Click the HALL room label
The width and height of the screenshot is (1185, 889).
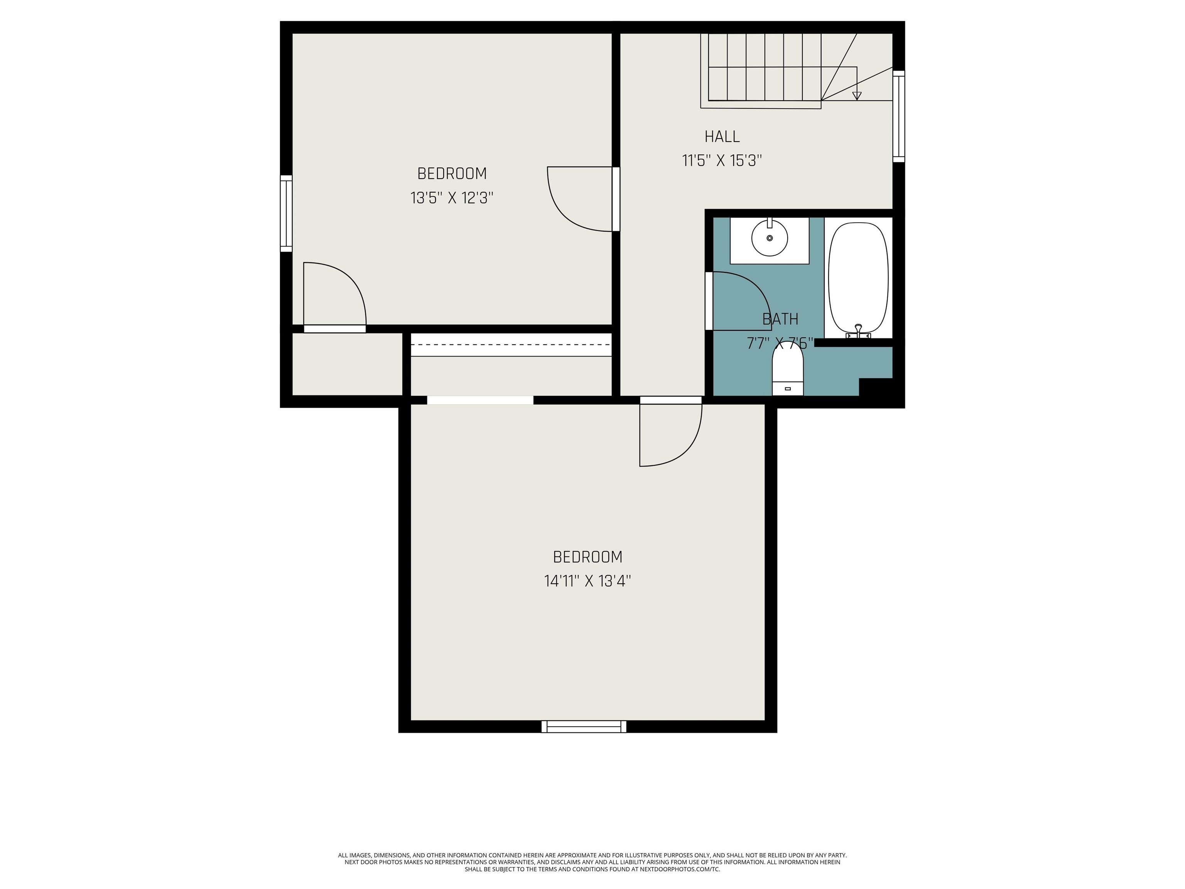click(x=722, y=137)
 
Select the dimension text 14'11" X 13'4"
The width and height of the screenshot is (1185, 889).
click(x=588, y=581)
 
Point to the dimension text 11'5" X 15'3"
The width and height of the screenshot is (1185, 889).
click(x=722, y=161)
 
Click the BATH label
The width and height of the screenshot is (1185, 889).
click(x=780, y=319)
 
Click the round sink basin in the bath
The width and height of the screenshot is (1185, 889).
click(x=770, y=238)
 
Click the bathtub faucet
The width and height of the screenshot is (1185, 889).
click(x=858, y=331)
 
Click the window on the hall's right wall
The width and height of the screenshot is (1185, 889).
click(x=898, y=116)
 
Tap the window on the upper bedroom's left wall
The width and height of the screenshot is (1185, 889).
click(x=287, y=213)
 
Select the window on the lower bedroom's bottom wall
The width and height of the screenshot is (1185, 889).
click(x=584, y=726)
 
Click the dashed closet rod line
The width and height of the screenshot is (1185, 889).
click(x=511, y=345)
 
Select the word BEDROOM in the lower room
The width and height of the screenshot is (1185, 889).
click(x=588, y=557)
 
